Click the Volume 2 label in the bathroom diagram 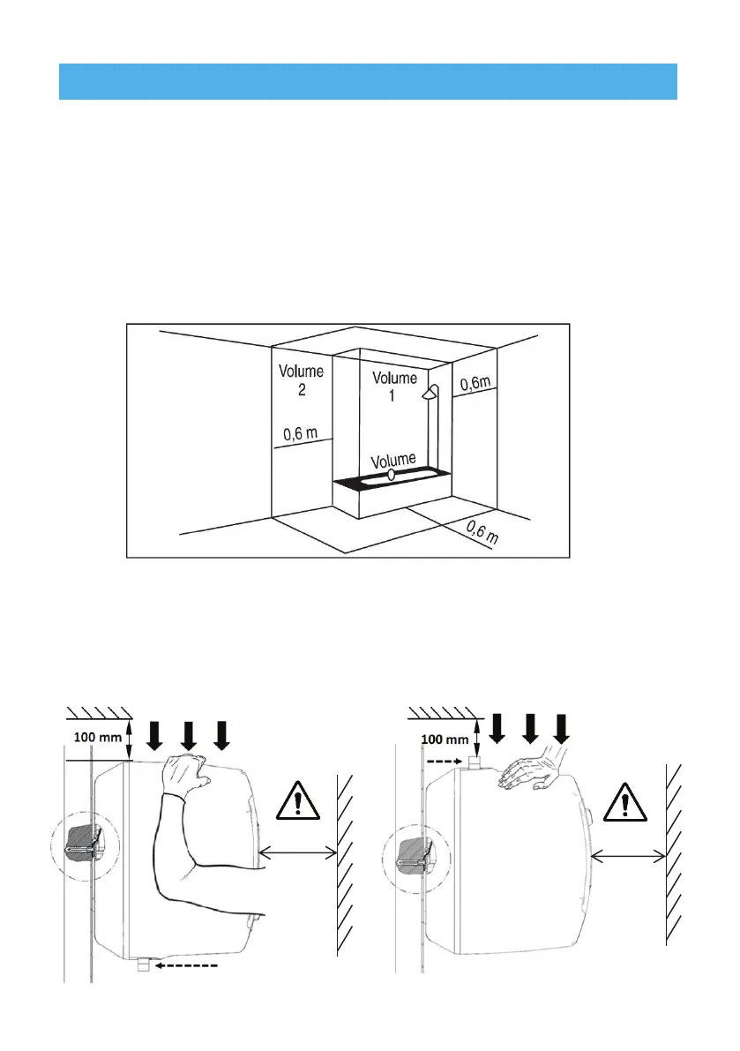pyautogui.click(x=302, y=380)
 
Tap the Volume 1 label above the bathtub pyautogui.click(x=394, y=387)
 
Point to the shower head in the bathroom pyautogui.click(x=430, y=394)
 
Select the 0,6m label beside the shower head pyautogui.click(x=477, y=382)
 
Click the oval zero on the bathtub pyautogui.click(x=392, y=475)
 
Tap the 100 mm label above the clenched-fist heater pyautogui.click(x=96, y=734)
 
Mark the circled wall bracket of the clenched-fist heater pyautogui.click(x=84, y=845)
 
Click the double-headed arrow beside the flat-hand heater pyautogui.click(x=627, y=854)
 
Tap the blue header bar pyautogui.click(x=368, y=81)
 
